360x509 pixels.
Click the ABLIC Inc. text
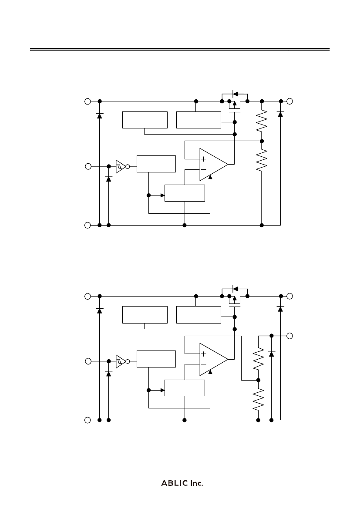(182, 483)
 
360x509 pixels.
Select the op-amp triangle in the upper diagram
(212, 165)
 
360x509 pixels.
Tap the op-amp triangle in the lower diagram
(212, 359)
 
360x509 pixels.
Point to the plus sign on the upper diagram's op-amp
(203, 159)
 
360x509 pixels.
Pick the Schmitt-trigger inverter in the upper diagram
(120, 166)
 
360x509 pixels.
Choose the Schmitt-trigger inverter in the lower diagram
(120, 361)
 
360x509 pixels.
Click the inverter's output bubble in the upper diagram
(128, 166)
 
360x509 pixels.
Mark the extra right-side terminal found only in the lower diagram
(289, 336)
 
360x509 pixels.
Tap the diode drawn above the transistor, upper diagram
(236, 93)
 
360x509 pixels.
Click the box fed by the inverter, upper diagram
(156, 164)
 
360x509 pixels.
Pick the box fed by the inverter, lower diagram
(156, 358)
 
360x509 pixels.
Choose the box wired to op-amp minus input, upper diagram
(185, 193)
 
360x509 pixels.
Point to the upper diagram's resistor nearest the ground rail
(262, 160)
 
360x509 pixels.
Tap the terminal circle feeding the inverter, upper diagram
(87, 166)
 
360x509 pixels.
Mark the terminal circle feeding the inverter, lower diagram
(87, 361)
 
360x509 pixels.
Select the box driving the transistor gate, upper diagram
(199, 120)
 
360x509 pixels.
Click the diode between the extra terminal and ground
(271, 353)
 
